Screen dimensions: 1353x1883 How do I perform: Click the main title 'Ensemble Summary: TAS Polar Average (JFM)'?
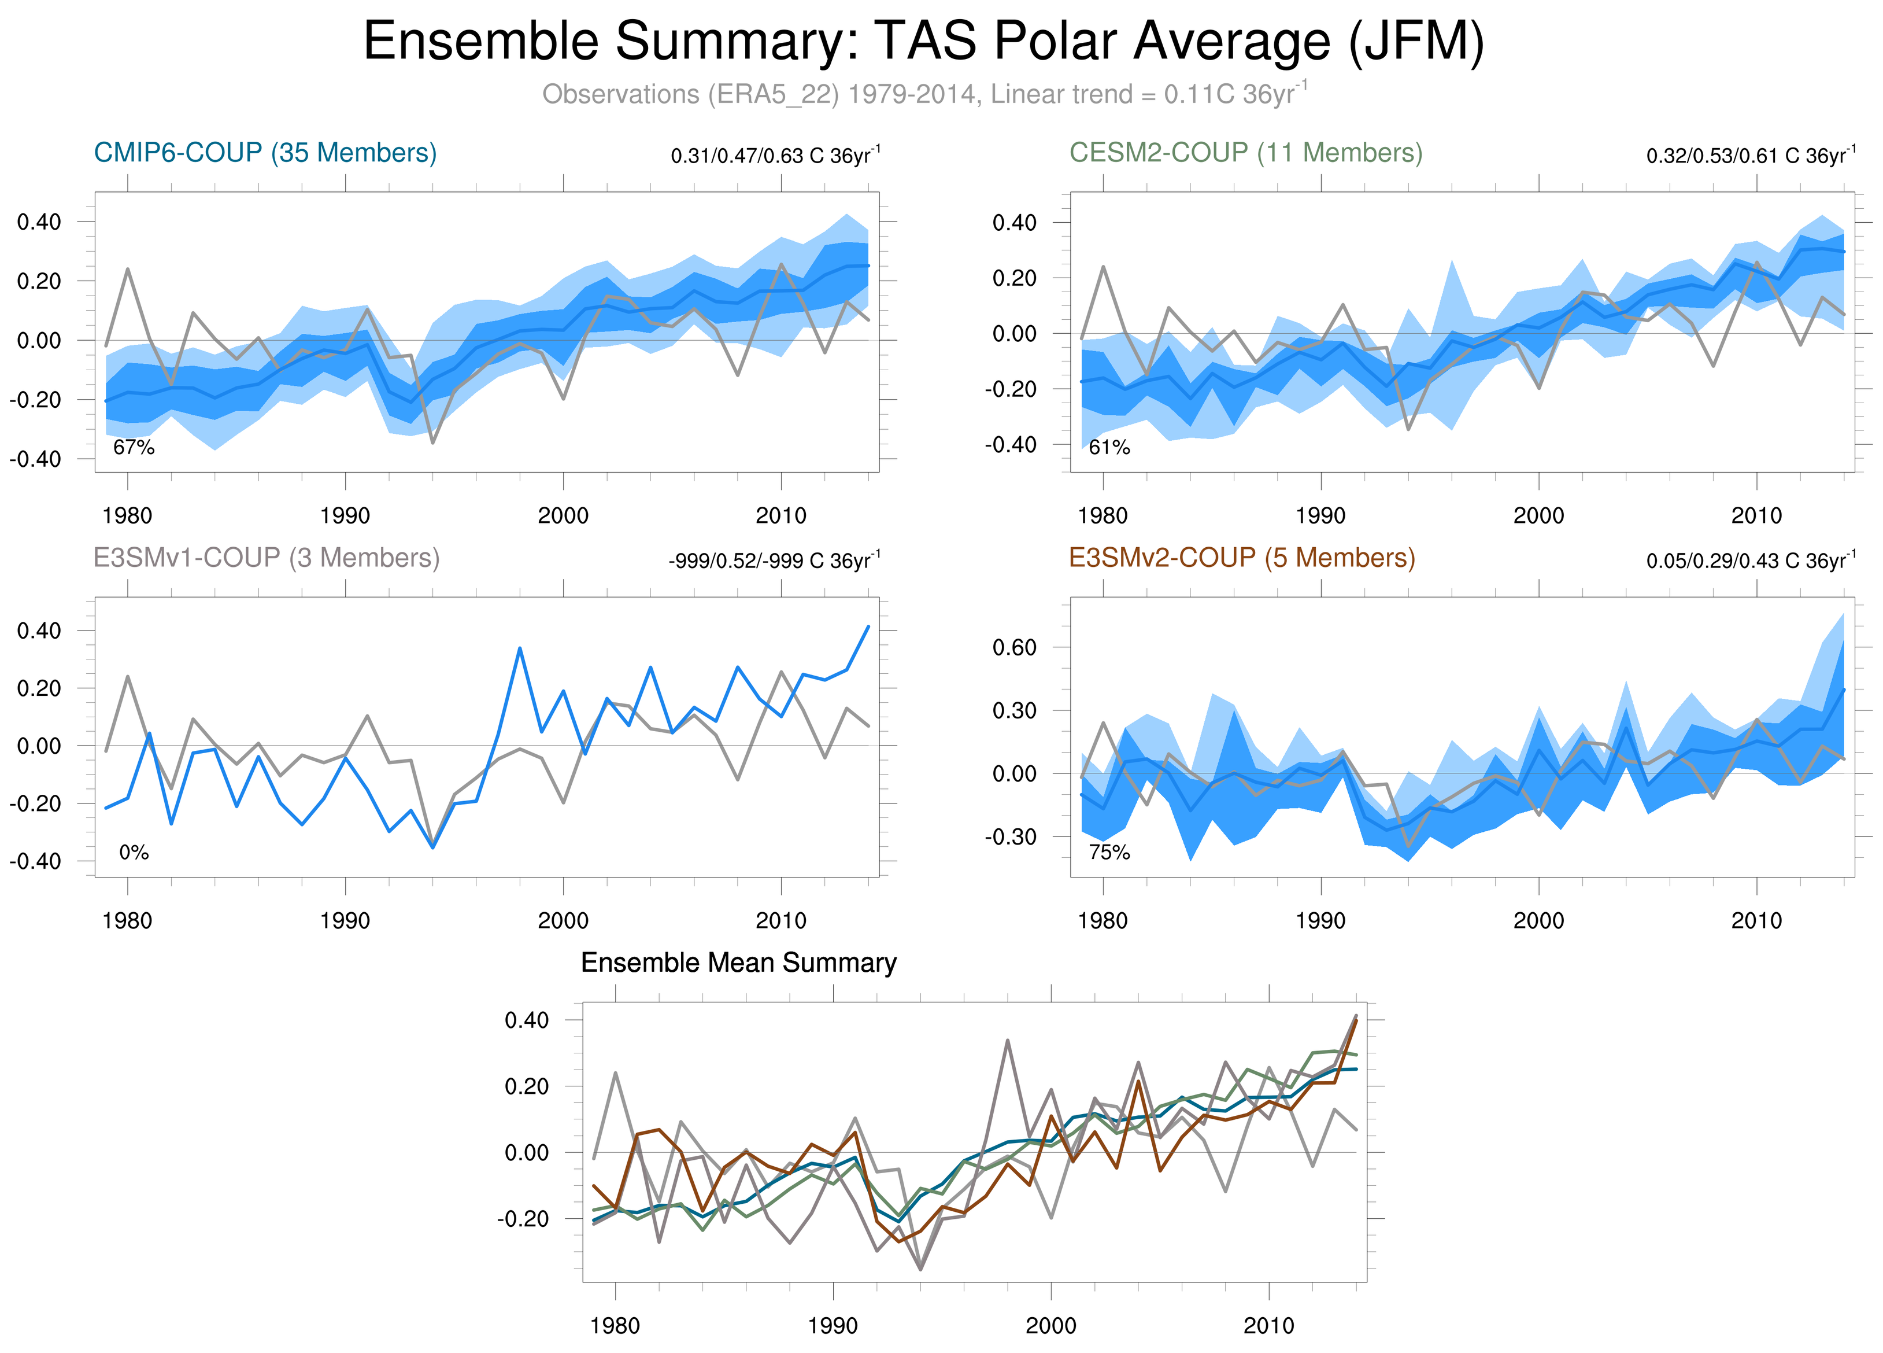(923, 42)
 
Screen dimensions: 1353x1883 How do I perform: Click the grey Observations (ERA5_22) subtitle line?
(923, 94)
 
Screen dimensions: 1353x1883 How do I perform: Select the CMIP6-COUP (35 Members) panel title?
(265, 153)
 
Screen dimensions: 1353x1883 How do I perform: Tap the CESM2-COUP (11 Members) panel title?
(1245, 153)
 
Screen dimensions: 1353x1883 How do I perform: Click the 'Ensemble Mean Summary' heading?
(738, 963)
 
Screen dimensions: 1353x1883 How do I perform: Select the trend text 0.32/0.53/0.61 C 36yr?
(1750, 156)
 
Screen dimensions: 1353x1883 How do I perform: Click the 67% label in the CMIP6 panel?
(134, 448)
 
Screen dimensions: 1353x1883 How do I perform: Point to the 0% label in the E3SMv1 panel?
(134, 852)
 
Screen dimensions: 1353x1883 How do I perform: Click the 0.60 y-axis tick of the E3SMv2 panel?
(1015, 648)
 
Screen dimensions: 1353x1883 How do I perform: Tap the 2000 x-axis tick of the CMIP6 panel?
(563, 516)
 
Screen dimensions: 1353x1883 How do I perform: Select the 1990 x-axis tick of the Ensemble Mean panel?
(833, 1326)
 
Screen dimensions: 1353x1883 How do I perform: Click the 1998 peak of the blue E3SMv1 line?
(520, 648)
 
